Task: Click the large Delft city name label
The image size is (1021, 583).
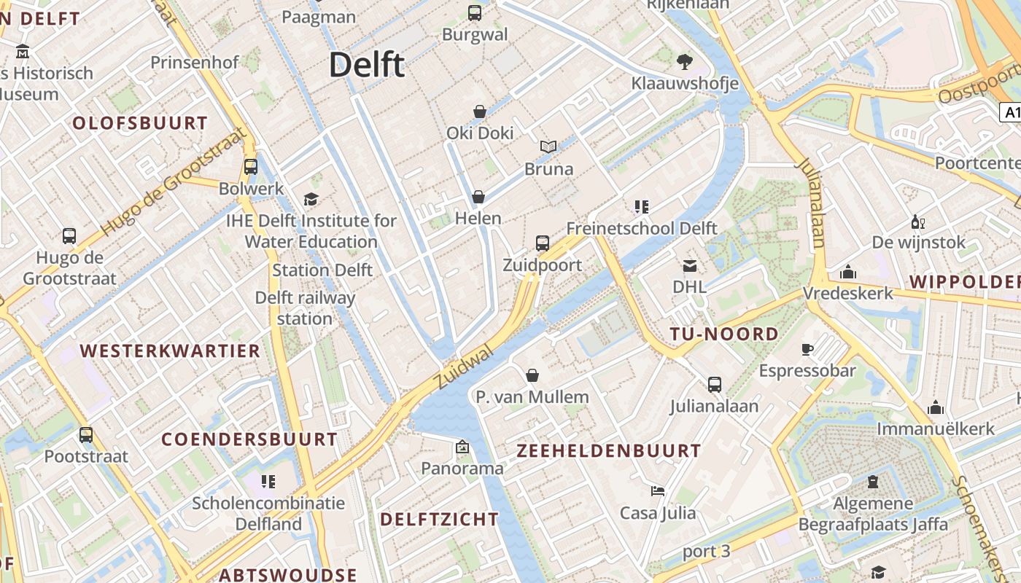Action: click(366, 65)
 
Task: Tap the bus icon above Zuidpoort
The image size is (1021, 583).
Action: click(542, 243)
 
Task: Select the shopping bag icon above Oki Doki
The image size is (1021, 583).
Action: click(480, 111)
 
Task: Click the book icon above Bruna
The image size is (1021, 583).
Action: click(548, 147)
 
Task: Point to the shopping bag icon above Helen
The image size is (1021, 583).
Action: click(478, 197)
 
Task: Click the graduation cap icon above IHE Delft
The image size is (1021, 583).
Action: click(311, 200)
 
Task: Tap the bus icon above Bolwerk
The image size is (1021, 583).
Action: click(251, 167)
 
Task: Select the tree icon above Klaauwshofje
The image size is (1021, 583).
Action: click(684, 61)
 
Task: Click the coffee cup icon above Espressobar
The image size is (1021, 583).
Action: click(807, 350)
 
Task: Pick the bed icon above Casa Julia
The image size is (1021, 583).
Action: click(658, 491)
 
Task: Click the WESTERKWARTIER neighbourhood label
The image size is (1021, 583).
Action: click(170, 351)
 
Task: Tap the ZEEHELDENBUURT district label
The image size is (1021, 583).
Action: click(608, 451)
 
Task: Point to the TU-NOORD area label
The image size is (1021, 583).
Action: click(724, 334)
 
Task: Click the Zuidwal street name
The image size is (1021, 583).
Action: click(462, 368)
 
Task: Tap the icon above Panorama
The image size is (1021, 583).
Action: click(462, 447)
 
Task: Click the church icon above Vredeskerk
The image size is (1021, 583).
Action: click(847, 273)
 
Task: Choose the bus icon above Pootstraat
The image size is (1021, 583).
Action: click(86, 435)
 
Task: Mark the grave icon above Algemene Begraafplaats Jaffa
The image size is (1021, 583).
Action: click(872, 482)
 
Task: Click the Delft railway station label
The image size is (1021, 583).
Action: click(305, 308)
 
